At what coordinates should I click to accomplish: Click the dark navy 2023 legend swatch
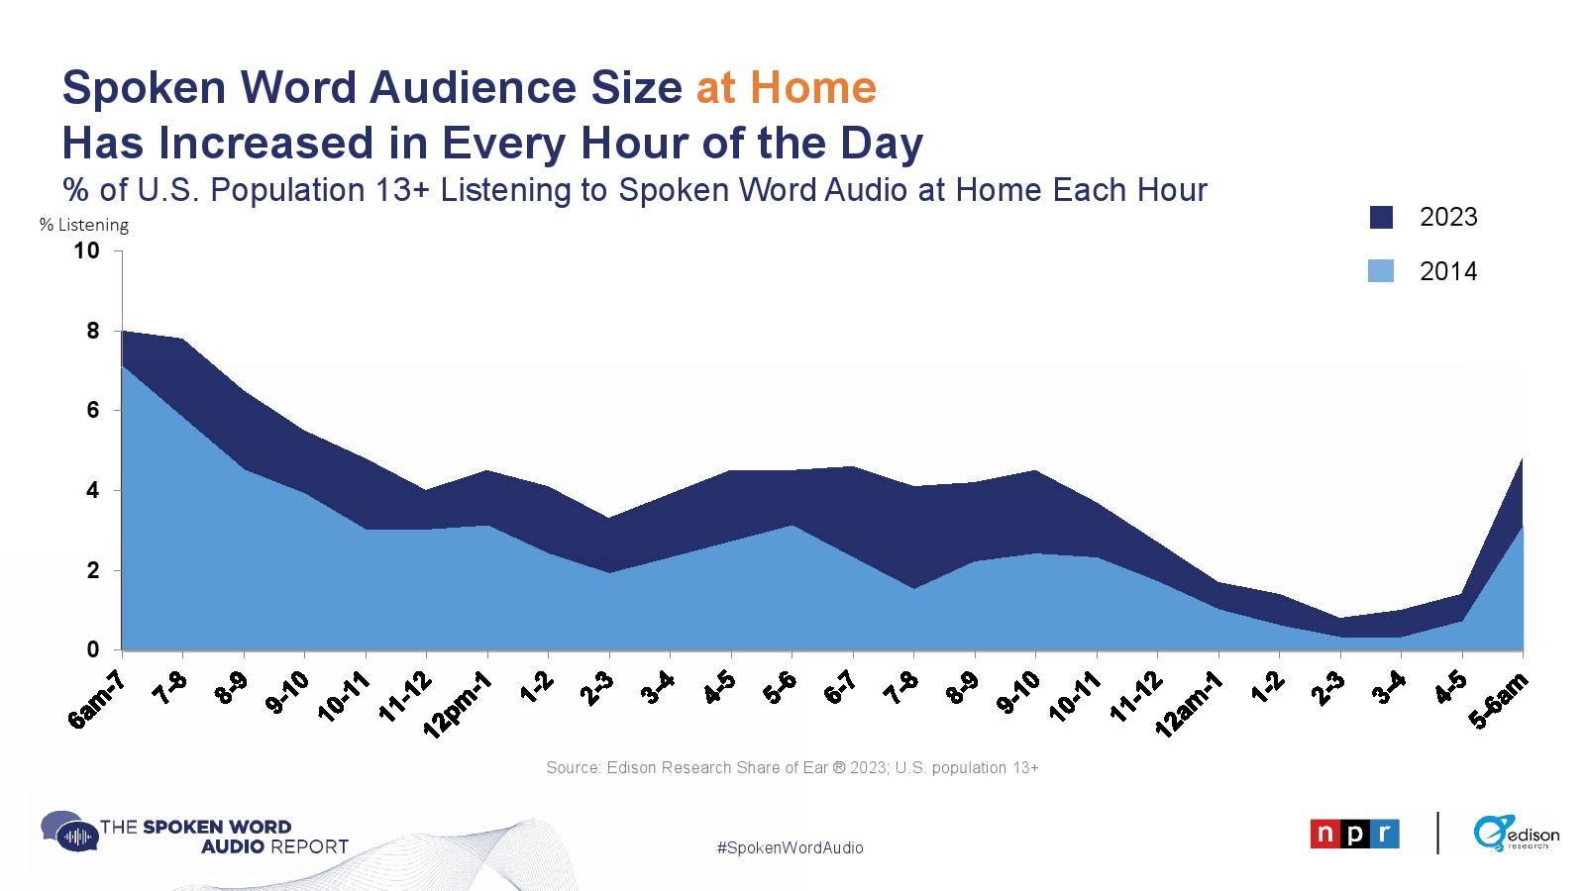(1381, 218)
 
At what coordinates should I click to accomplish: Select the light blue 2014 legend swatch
(1381, 271)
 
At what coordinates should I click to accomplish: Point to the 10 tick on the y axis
(86, 250)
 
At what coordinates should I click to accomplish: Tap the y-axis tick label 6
(93, 410)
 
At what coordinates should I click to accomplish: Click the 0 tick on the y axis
(93, 649)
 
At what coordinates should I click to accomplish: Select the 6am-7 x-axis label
(96, 699)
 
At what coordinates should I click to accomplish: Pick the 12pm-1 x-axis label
(457, 705)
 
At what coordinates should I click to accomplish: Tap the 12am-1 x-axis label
(1189, 705)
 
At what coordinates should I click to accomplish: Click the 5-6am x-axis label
(1498, 700)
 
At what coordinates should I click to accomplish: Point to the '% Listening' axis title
(83, 226)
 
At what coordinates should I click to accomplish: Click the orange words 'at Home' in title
(787, 88)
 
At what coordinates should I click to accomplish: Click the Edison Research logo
(1516, 833)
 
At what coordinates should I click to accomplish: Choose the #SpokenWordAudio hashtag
(790, 847)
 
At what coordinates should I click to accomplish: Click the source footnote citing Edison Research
(793, 768)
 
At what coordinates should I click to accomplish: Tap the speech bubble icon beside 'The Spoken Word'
(68, 832)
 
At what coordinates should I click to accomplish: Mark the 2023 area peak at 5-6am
(1522, 459)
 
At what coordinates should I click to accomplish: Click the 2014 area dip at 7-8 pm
(914, 588)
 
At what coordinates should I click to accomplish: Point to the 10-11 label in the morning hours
(344, 697)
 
